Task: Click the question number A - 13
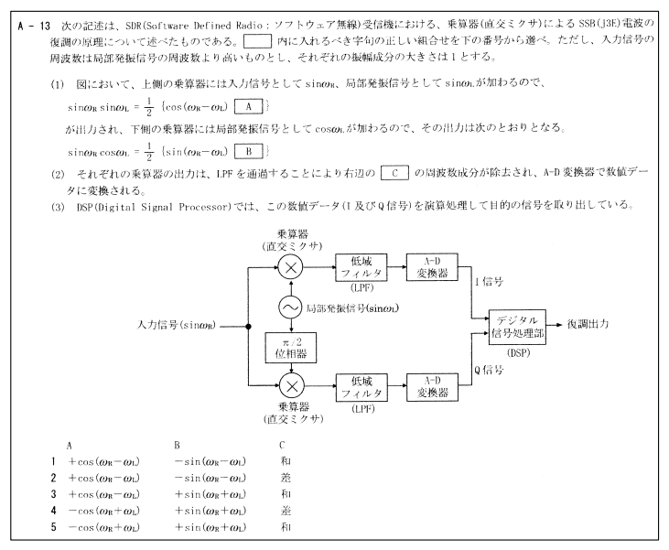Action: point(34,26)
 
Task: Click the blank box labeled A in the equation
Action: point(248,107)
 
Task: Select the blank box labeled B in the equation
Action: point(248,151)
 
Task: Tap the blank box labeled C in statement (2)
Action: point(394,173)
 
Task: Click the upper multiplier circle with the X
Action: point(290,267)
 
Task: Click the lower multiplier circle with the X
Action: point(292,386)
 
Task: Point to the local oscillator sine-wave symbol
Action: point(291,307)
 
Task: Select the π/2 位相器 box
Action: point(290,348)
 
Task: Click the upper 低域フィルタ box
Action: point(361,267)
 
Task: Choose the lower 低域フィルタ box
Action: point(361,387)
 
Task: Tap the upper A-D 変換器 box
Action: point(432,267)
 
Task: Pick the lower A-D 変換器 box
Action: point(433,387)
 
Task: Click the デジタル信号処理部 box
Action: point(517,327)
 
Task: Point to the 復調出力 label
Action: point(588,324)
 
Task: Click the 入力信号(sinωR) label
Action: point(177,325)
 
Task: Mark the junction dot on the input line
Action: point(248,327)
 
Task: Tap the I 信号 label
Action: point(489,281)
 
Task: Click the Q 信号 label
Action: point(489,370)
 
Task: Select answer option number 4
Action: point(53,511)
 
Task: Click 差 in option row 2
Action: point(286,478)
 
